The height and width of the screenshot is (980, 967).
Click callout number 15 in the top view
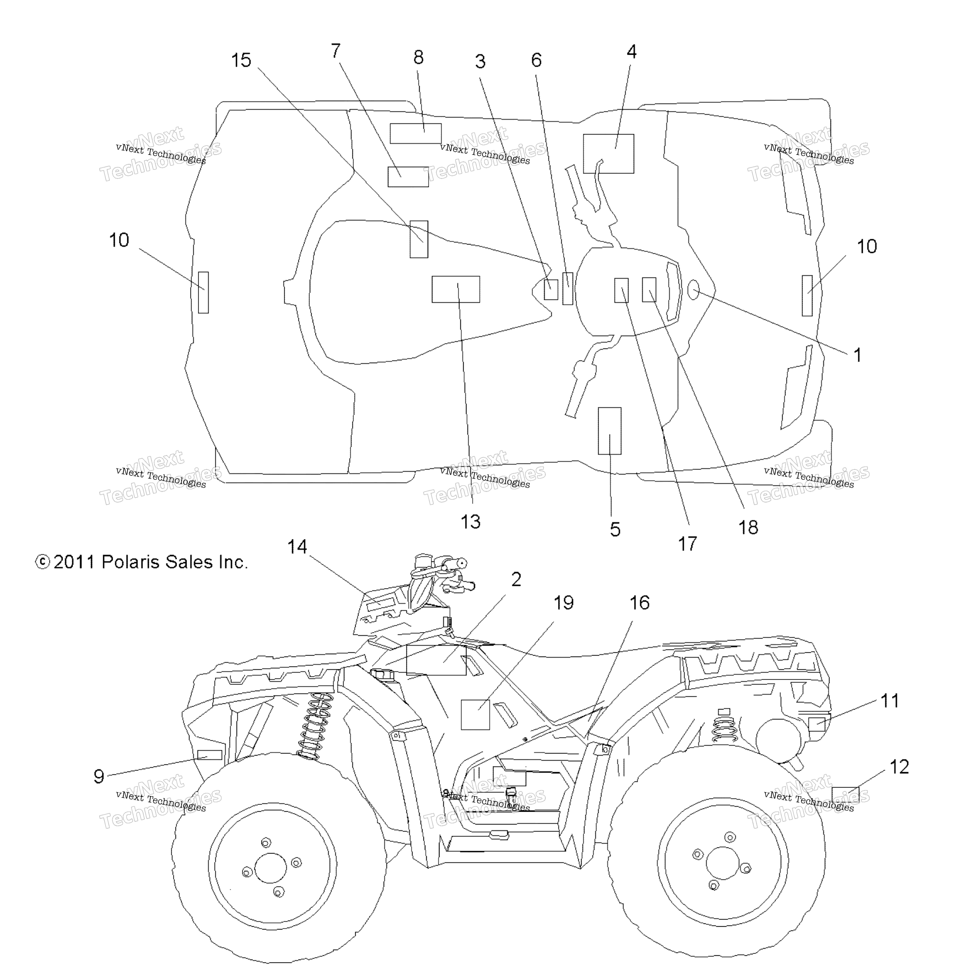pos(241,60)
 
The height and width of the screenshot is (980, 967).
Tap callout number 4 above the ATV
pos(631,52)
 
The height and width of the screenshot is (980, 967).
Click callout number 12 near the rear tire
pos(899,766)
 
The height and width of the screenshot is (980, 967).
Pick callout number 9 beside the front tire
pos(99,777)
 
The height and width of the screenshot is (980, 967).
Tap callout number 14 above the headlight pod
pos(297,547)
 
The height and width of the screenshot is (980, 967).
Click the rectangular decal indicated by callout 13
pos(455,289)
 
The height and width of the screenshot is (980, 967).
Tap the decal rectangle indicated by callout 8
pos(415,133)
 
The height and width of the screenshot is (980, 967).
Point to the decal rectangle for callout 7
pos(408,176)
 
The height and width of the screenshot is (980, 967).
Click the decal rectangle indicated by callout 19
pos(475,714)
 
